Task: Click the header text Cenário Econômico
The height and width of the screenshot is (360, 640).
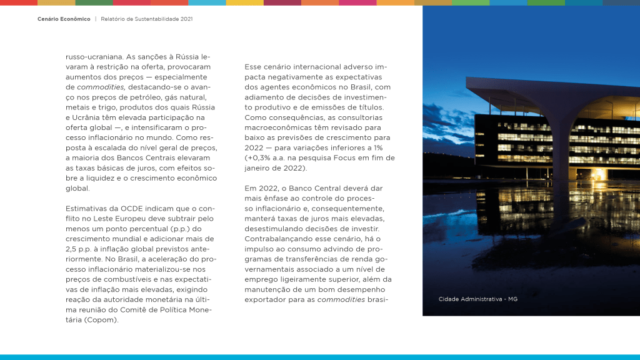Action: pyautogui.click(x=64, y=19)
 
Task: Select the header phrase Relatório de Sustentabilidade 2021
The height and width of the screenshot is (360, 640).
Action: pyautogui.click(x=146, y=19)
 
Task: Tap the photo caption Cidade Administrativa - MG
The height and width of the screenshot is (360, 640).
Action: pyautogui.click(x=477, y=299)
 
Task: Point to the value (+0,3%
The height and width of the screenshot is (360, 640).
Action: pyautogui.click(x=261, y=158)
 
